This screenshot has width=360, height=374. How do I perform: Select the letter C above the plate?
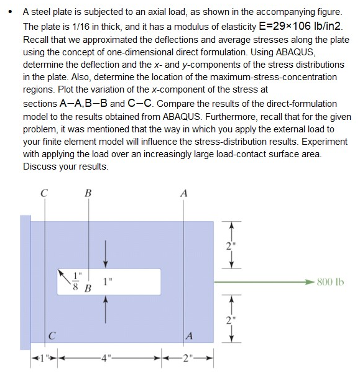tap(44, 193)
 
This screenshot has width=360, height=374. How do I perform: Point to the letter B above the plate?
tap(88, 193)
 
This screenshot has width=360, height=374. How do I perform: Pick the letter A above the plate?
tap(183, 193)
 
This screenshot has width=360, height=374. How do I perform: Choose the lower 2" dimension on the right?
tap(231, 321)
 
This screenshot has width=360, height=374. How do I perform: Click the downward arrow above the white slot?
tap(106, 252)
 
